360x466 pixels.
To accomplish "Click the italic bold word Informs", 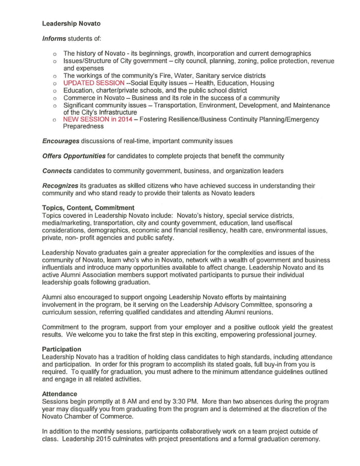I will coord(55,38).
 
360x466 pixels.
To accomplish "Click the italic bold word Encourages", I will coord(63,141).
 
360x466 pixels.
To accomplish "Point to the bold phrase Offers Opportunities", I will coord(74,156).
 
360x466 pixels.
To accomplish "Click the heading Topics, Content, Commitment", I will coord(88,208).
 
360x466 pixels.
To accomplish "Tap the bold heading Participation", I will coord(62,349).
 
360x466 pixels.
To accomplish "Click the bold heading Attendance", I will coord(60,393).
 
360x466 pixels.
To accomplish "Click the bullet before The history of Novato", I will coord(54,54).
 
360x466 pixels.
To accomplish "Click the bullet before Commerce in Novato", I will coord(54,98).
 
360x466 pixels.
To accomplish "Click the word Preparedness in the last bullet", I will coord(84,127).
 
